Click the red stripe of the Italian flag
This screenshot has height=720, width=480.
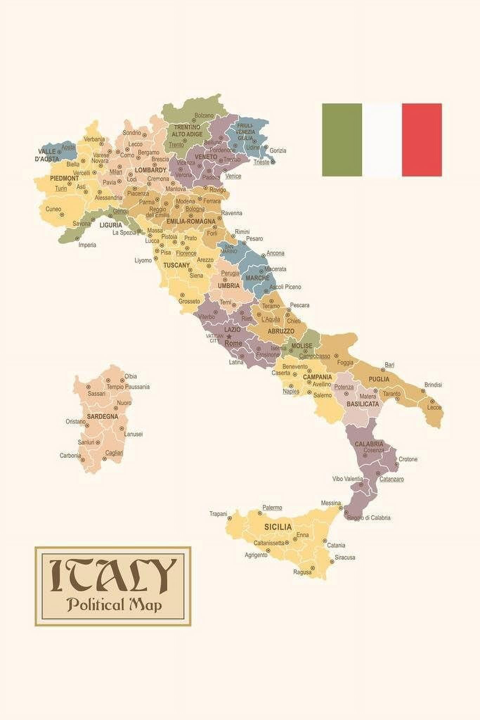pyautogui.click(x=422, y=140)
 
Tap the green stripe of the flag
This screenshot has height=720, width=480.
pyautogui.click(x=342, y=140)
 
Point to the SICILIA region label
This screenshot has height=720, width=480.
pyautogui.click(x=278, y=527)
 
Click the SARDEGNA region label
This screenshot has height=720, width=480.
pyautogui.click(x=103, y=417)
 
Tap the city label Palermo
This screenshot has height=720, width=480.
pyautogui.click(x=272, y=508)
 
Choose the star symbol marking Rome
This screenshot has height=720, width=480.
pyautogui.click(x=229, y=336)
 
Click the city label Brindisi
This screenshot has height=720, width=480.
pyautogui.click(x=433, y=385)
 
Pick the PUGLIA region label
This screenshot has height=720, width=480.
pyautogui.click(x=379, y=379)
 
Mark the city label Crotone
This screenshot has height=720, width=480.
pyautogui.click(x=408, y=459)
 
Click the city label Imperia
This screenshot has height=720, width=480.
pyautogui.click(x=87, y=245)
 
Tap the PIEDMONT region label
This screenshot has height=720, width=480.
pyautogui.click(x=64, y=178)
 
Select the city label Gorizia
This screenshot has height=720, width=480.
pyautogui.click(x=278, y=150)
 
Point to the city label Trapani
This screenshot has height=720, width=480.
pyautogui.click(x=218, y=514)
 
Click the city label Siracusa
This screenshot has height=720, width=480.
pyautogui.click(x=345, y=557)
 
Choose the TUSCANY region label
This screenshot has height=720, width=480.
pyautogui.click(x=176, y=265)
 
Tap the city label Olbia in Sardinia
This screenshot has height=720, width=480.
pyautogui.click(x=131, y=376)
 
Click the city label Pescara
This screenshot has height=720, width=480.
pyautogui.click(x=299, y=305)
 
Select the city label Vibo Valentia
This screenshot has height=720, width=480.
pyautogui.click(x=348, y=479)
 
